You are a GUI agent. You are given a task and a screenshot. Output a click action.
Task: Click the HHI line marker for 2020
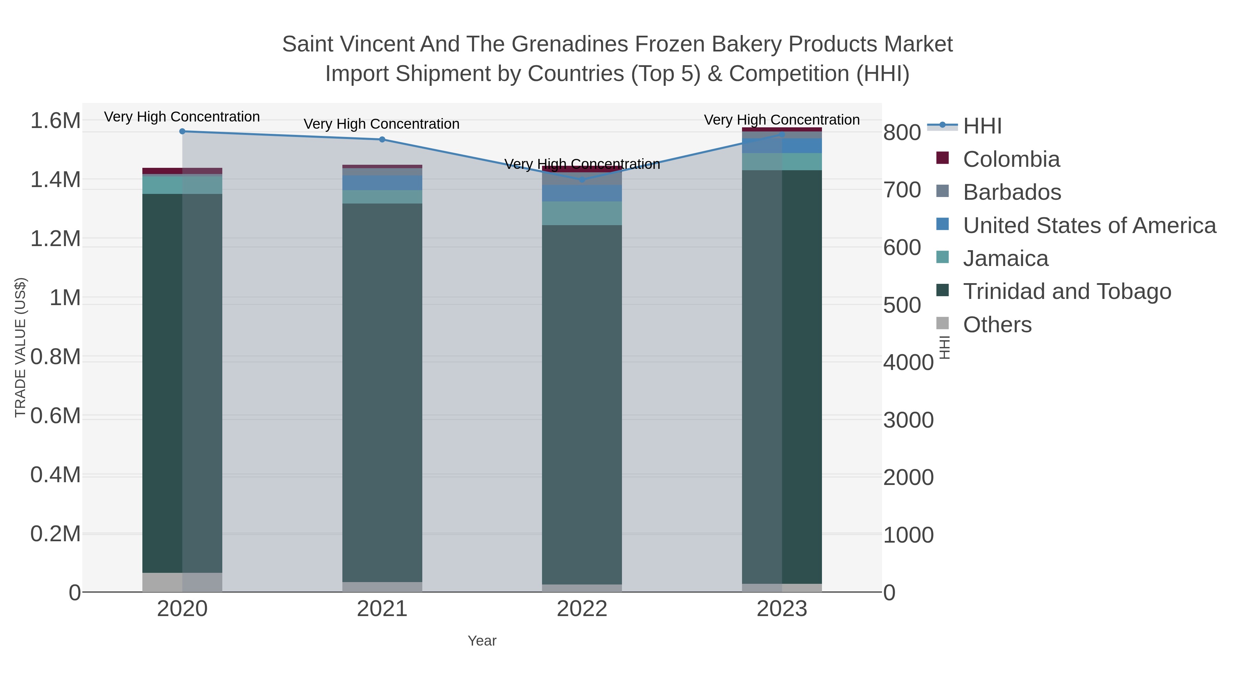[x=182, y=131]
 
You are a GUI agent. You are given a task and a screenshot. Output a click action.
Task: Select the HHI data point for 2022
[x=582, y=180]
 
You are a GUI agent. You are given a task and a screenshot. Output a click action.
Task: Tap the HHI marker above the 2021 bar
[x=382, y=140]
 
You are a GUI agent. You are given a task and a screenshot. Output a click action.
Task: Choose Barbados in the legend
[x=1012, y=192]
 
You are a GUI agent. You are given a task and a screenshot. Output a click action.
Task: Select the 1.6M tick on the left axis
[x=55, y=120]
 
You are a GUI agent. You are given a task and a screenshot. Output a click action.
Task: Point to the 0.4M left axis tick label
[x=55, y=475]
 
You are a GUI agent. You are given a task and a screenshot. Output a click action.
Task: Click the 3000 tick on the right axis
[x=908, y=420]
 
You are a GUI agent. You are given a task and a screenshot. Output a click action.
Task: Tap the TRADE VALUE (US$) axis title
[x=21, y=347]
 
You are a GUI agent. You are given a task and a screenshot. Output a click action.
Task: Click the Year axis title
[x=482, y=641]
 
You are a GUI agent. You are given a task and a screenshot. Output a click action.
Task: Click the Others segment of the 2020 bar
[x=182, y=582]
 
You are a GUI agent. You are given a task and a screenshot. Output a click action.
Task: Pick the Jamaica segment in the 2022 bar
[x=582, y=213]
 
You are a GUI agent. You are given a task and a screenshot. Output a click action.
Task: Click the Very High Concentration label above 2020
[x=182, y=117]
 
